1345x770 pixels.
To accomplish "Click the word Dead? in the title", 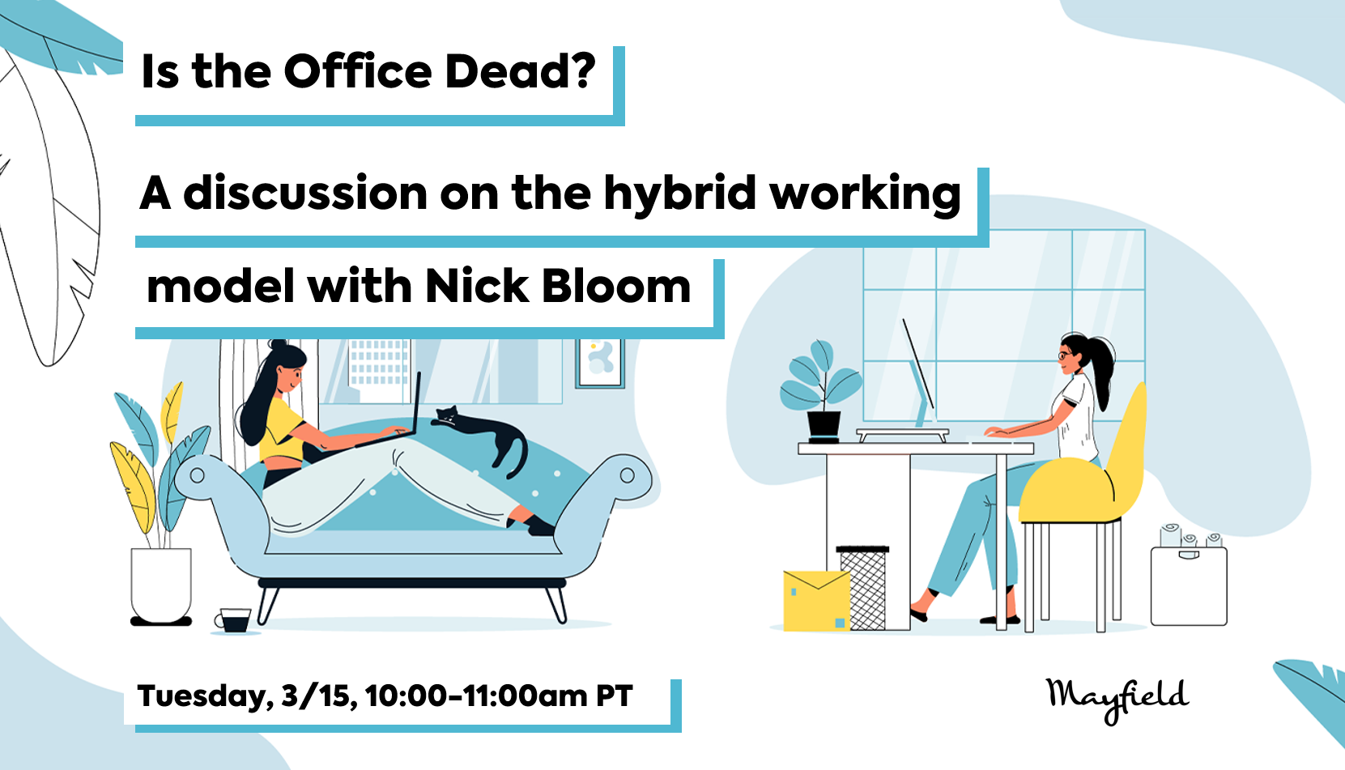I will pyautogui.click(x=520, y=72).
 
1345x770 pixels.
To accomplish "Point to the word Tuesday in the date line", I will pyautogui.click(x=202, y=696).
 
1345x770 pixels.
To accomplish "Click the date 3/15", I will pyautogui.click(x=317, y=696).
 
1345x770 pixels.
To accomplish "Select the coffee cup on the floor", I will pyautogui.click(x=234, y=620).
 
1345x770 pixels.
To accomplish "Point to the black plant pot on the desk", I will pyautogui.click(x=824, y=426).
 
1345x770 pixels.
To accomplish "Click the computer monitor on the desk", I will pyautogui.click(x=919, y=376).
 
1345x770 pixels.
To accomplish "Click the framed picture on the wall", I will pyautogui.click(x=600, y=362).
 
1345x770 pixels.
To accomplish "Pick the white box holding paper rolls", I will pyautogui.click(x=1189, y=585).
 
